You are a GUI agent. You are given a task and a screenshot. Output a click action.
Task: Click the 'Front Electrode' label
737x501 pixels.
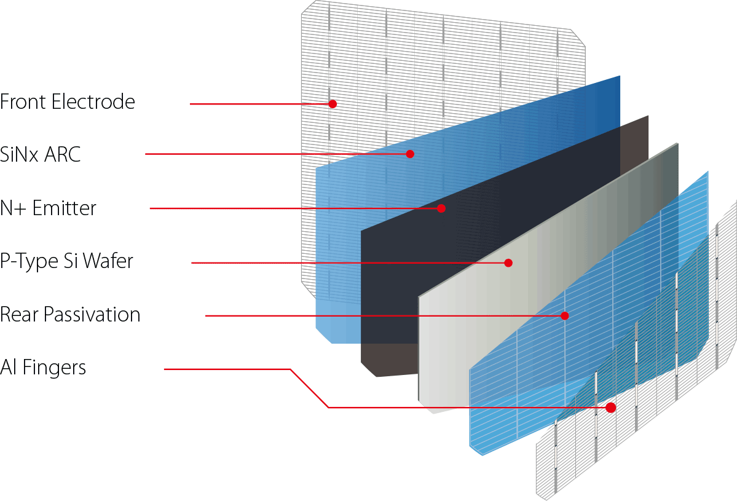68,101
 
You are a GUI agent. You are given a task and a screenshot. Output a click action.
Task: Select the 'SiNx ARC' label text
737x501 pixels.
41,154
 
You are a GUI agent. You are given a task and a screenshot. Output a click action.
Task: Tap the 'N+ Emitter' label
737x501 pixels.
49,208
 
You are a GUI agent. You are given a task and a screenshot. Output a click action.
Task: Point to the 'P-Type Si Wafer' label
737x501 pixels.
66,262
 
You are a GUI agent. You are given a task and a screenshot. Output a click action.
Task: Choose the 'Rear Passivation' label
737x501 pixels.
70,315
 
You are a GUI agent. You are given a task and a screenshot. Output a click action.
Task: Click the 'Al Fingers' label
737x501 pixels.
43,368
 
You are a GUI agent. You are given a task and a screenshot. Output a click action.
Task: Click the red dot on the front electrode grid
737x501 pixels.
333,104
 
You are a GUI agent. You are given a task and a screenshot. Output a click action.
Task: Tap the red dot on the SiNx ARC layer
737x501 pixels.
410,154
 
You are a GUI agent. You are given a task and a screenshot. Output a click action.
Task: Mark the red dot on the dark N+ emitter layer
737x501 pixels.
441,208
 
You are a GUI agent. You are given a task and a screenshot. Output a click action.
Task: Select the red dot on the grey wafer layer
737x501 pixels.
508,262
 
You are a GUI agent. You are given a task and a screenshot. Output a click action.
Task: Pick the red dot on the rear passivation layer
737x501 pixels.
564,315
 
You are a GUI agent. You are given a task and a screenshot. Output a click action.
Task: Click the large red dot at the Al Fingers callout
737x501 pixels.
610,407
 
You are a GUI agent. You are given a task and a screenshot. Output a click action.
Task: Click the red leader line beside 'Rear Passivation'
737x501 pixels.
369,316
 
